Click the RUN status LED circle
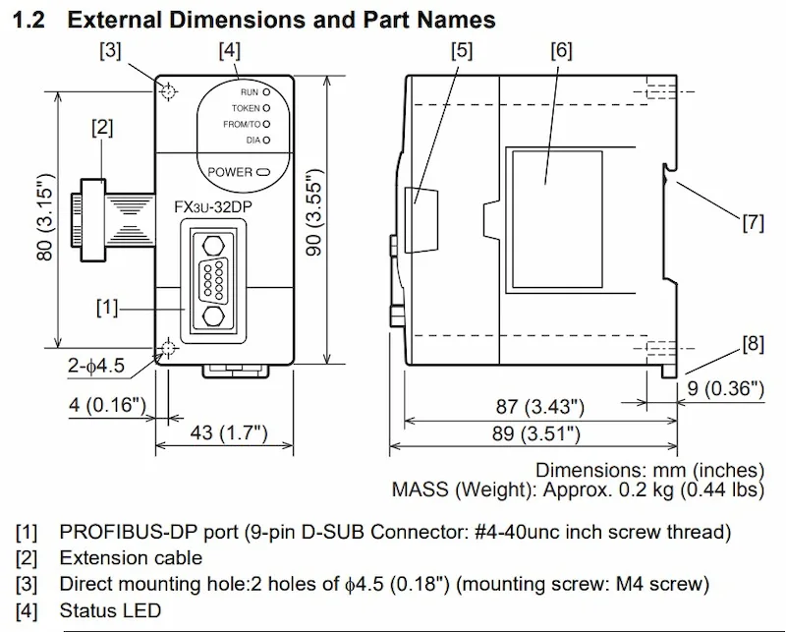click(x=266, y=92)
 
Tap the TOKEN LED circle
click(x=266, y=108)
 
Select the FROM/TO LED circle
click(x=266, y=124)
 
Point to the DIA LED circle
click(x=266, y=140)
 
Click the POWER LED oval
click(x=263, y=173)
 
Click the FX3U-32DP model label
click(x=213, y=206)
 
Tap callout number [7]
click(x=753, y=222)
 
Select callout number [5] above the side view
click(x=462, y=51)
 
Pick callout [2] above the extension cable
click(x=102, y=128)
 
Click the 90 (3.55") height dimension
click(x=313, y=213)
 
